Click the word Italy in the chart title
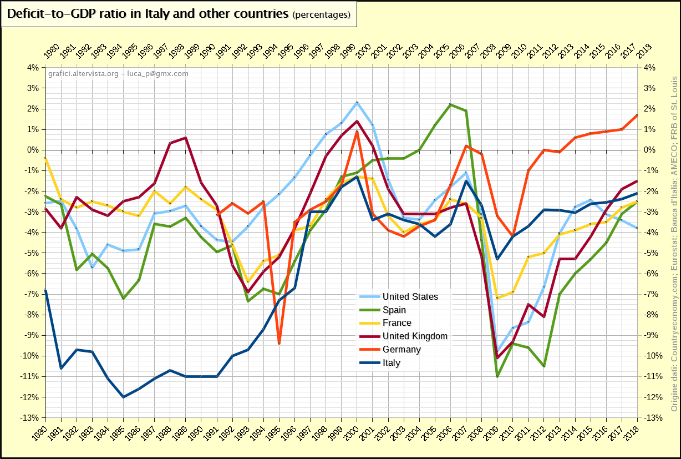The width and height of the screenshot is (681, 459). (x=162, y=14)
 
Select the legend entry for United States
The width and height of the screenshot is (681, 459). (x=410, y=296)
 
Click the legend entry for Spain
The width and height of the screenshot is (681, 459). (x=394, y=310)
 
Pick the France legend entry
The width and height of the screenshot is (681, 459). (x=397, y=323)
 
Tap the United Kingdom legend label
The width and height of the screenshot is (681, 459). (x=414, y=336)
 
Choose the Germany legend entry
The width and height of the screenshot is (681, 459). (x=402, y=350)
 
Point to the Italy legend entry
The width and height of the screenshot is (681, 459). (x=391, y=363)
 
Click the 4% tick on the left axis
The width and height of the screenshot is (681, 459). (x=32, y=68)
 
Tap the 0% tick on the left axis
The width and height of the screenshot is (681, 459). (x=32, y=150)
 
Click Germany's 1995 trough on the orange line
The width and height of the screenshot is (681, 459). (x=279, y=344)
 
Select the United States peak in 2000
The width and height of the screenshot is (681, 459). (x=357, y=103)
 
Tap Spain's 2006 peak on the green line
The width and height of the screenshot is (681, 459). (x=450, y=104)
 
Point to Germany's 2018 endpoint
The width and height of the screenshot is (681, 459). (x=637, y=115)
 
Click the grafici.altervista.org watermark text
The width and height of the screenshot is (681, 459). (x=118, y=73)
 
